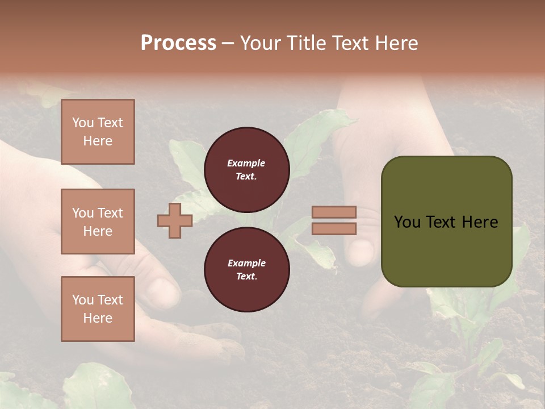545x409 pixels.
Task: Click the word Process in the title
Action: point(178,43)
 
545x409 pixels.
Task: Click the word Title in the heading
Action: point(307,43)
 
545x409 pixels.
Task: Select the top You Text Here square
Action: point(98,132)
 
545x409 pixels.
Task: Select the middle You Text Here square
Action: point(98,222)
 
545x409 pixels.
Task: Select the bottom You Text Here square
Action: point(98,309)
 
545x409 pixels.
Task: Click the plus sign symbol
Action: point(175,221)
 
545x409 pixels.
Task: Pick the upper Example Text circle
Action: point(246,169)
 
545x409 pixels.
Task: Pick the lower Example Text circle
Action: point(246,269)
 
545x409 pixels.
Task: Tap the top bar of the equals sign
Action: point(334,212)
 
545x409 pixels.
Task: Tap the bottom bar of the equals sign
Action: point(334,229)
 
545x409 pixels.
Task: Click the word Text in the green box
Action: point(442,222)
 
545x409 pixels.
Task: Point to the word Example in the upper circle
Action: point(246,163)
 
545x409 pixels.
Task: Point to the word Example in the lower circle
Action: point(246,263)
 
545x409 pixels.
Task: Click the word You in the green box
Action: point(407,222)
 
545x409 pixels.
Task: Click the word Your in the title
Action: point(260,43)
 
